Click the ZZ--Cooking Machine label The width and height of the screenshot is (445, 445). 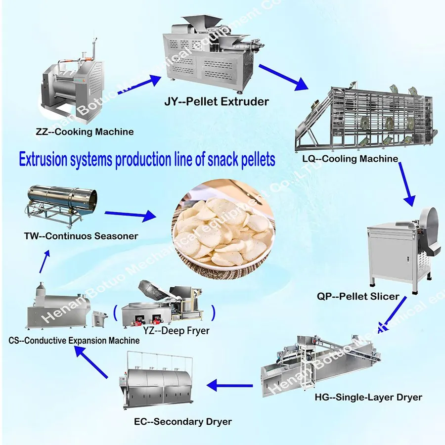click(x=85, y=132)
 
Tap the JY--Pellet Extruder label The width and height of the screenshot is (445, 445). click(x=217, y=101)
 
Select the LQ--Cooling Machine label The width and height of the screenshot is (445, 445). click(x=350, y=158)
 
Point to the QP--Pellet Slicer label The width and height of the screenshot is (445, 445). click(x=358, y=296)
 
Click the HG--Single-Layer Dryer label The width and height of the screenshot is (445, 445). click(x=368, y=397)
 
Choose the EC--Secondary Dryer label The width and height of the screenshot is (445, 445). click(x=183, y=421)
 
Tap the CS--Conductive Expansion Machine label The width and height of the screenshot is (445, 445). click(x=74, y=340)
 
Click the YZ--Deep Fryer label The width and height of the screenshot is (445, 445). click(x=176, y=331)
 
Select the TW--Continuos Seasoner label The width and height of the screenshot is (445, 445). click(x=81, y=236)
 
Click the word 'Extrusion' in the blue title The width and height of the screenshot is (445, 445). click(x=43, y=159)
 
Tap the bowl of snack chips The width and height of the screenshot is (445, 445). click(x=223, y=229)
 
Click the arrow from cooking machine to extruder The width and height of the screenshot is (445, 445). click(x=139, y=84)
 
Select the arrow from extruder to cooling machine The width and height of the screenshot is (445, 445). click(x=283, y=77)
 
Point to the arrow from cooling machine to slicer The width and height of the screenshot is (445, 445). click(x=406, y=184)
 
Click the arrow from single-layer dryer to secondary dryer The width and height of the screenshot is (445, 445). click(x=229, y=385)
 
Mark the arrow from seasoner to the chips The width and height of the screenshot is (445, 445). click(x=130, y=215)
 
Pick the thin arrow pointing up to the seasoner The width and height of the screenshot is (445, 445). click(x=44, y=262)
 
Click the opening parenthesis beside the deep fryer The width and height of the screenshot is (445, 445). click(x=115, y=313)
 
